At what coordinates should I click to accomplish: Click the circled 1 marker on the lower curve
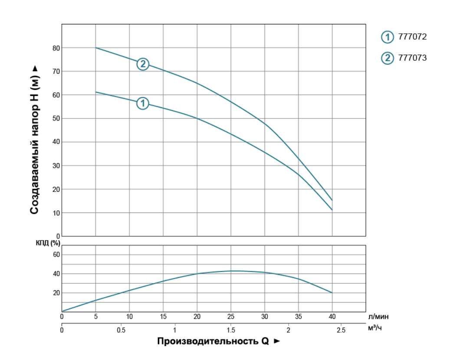tap(143, 103)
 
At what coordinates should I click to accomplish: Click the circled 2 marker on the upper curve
tap(143, 64)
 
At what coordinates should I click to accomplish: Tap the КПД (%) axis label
tap(48, 242)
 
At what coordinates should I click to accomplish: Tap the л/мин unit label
tap(375, 317)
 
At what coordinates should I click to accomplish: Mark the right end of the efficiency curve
tap(332, 293)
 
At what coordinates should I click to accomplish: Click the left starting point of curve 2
tap(96, 48)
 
